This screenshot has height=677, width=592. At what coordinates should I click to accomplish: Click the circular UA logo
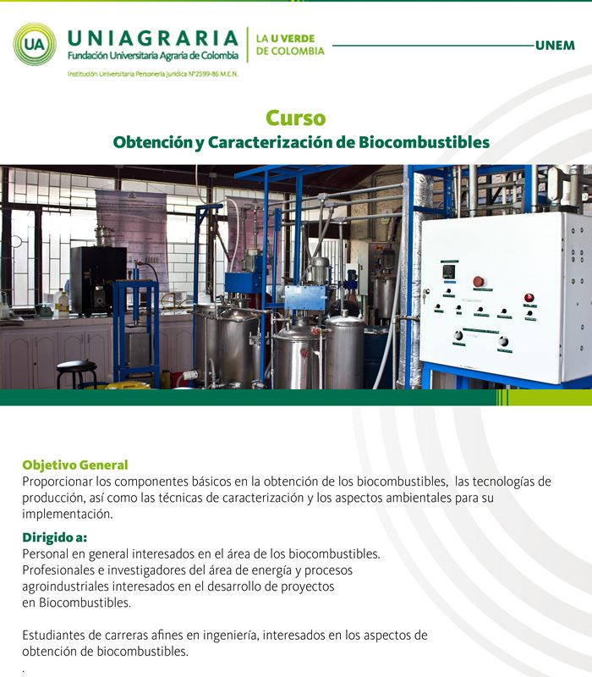click(x=35, y=44)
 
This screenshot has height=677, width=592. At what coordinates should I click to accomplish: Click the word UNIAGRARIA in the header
click(x=153, y=38)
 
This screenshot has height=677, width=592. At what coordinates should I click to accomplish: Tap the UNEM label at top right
click(x=555, y=46)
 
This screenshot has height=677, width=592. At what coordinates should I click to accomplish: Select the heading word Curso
click(x=295, y=118)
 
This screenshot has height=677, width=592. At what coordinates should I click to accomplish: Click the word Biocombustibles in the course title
click(x=425, y=142)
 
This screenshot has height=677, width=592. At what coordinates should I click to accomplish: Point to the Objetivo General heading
click(x=75, y=465)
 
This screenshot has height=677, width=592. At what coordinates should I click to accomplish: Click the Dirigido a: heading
click(x=54, y=537)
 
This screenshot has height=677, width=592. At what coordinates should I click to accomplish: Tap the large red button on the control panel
click(x=478, y=282)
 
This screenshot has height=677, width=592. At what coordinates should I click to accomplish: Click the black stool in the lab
click(x=76, y=373)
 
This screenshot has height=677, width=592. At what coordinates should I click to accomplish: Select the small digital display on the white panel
click(x=449, y=271)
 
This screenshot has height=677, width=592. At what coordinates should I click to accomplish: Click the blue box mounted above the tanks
click(x=305, y=298)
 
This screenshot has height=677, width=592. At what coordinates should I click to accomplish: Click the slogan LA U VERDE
click(x=285, y=38)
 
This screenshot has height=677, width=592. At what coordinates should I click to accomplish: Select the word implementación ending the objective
click(x=68, y=515)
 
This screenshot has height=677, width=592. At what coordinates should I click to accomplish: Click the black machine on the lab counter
click(x=98, y=280)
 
